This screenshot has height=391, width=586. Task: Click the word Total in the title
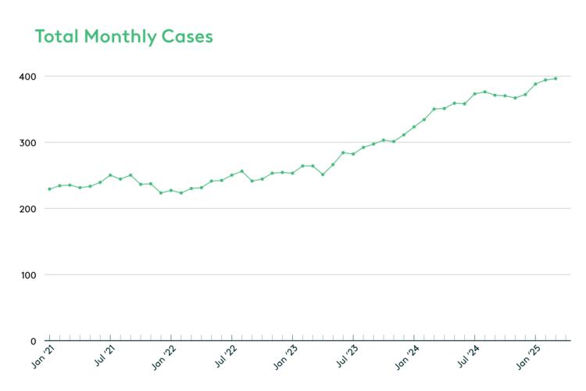pyautogui.click(x=55, y=37)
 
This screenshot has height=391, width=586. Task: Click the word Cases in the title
pyautogui.click(x=188, y=37)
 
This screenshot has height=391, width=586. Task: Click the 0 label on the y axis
pyautogui.click(x=32, y=341)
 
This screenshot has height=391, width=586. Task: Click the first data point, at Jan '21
pyautogui.click(x=49, y=189)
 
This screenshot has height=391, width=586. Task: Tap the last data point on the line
pyautogui.click(x=556, y=78)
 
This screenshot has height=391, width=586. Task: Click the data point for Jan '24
pyautogui.click(x=414, y=127)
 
